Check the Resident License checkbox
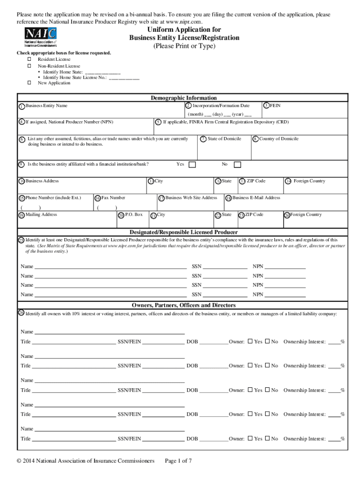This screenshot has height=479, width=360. [29, 59]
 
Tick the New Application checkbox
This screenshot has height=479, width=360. [29, 83]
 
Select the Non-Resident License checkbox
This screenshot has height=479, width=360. [29, 66]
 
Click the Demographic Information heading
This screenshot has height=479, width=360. [183, 98]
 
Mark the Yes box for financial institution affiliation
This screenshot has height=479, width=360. [192, 165]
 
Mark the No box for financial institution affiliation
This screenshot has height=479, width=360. [238, 165]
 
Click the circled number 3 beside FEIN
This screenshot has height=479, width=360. [266, 105]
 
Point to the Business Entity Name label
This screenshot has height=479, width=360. [46, 106]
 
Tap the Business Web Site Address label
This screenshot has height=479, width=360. [191, 198]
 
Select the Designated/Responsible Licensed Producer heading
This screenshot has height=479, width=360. [183, 232]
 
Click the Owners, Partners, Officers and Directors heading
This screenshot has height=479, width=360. [183, 305]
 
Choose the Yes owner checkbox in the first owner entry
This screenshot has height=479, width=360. [250, 341]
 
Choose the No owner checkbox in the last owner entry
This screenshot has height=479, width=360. [267, 439]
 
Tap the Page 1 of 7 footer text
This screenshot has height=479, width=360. [179, 461]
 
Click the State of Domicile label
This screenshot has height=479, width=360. [224, 139]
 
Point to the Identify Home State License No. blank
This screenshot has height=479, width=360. [123, 78]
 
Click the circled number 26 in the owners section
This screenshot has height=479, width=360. [21, 312]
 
